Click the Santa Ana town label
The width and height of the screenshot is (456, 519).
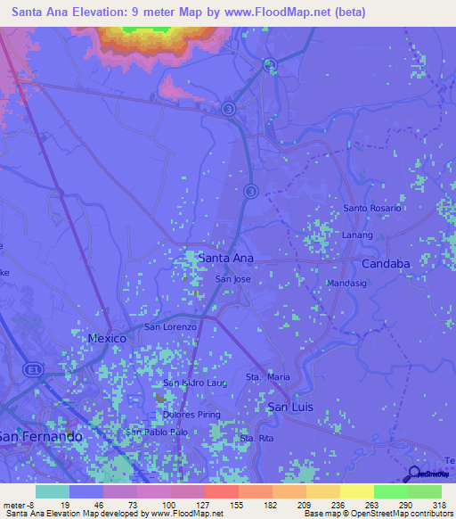pos(225,258)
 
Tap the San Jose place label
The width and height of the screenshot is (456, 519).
pos(233,279)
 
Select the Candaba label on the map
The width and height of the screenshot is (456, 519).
pos(386,264)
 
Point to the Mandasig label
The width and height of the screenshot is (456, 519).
pos(347,284)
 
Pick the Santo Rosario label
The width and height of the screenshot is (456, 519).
pos(372,208)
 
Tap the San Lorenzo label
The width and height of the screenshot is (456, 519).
pos(170,327)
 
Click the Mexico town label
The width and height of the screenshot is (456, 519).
pos(108,339)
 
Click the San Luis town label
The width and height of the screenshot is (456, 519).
pos(290,406)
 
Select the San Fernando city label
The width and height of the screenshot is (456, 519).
pos(41,437)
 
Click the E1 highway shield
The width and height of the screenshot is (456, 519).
pos(34,368)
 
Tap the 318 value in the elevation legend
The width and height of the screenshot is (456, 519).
pos(439,505)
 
